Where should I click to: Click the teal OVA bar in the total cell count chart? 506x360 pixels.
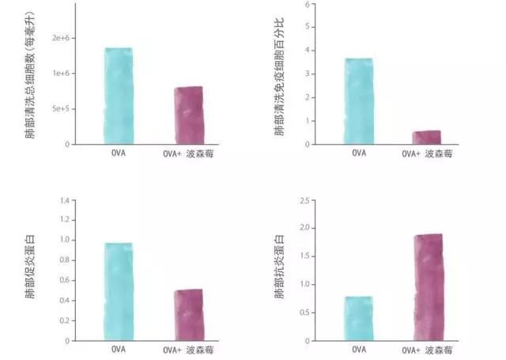click(x=119, y=96)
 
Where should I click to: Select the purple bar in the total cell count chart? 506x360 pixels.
click(x=188, y=115)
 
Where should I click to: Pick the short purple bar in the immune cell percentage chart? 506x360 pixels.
click(x=426, y=137)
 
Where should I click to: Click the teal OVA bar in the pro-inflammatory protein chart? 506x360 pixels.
click(x=119, y=291)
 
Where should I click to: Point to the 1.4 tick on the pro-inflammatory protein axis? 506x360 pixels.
click(x=81, y=199)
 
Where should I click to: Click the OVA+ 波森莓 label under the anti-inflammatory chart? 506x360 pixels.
click(x=426, y=349)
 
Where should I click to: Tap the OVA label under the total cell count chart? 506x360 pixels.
click(x=119, y=153)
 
